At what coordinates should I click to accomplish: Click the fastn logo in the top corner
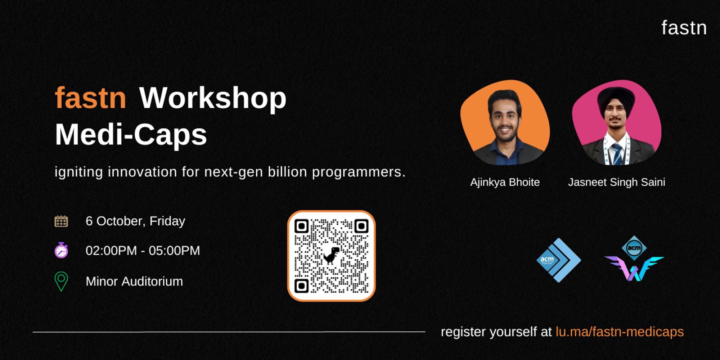pos(684,28)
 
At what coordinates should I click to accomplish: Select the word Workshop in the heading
pos(213,99)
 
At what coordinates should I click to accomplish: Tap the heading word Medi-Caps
pos(131,135)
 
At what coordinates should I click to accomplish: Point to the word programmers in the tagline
pos(359,172)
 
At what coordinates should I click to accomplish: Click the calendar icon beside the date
pos(61,221)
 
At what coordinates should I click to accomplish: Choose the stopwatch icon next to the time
pos(61,250)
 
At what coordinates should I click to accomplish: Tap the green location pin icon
pos(61,282)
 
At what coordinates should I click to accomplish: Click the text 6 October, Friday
pos(135,221)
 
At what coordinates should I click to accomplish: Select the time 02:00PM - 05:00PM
pos(143,251)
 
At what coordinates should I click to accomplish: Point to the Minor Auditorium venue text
pos(134,282)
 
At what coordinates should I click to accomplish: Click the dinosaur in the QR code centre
pos(331,256)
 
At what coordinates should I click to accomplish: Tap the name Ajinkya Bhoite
pos(505,183)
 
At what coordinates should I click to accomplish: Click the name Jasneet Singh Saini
pos(617,183)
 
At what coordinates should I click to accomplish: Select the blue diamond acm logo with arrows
pos(558,260)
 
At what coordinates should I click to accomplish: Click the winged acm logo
pos(634,258)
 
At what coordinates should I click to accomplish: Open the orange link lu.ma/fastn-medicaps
pos(620,332)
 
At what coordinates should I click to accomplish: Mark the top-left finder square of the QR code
pos(301,226)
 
